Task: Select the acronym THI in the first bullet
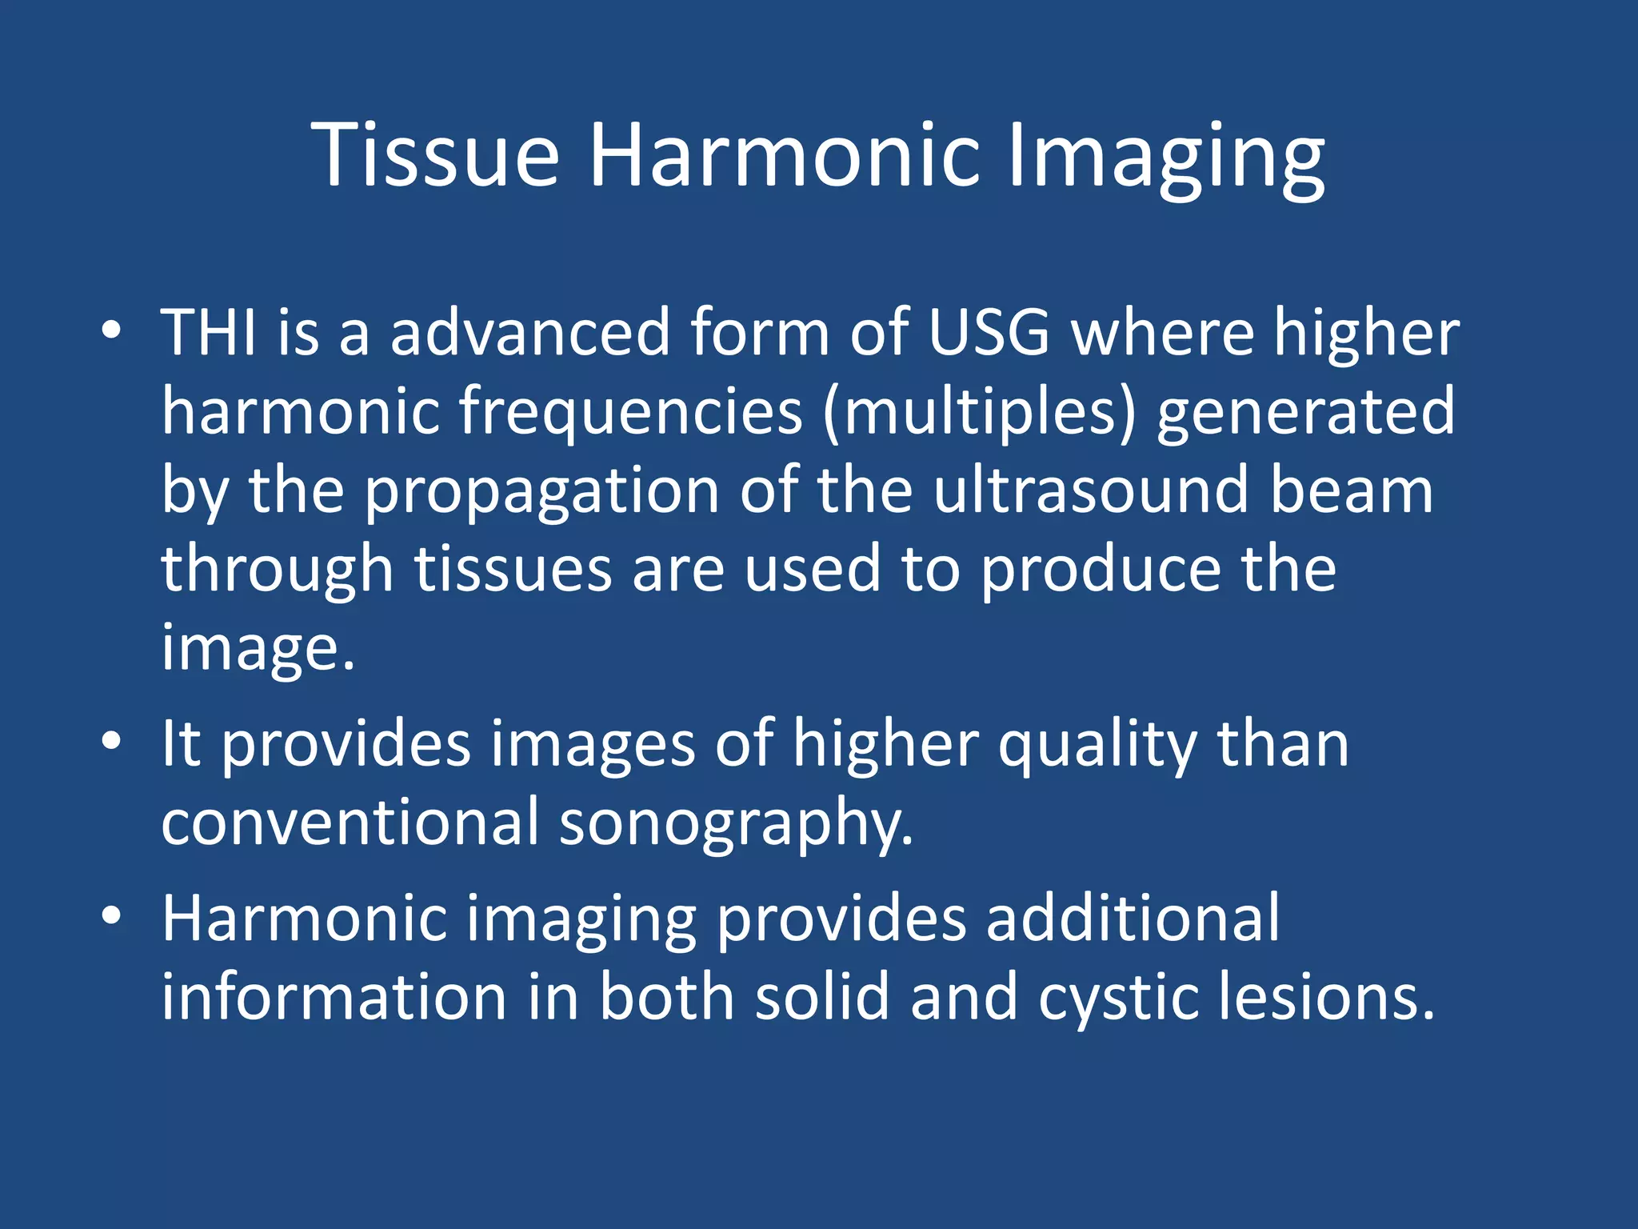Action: pyautogui.click(x=210, y=332)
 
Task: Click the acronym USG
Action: pyautogui.click(x=989, y=332)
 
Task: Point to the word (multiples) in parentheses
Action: pyautogui.click(x=979, y=412)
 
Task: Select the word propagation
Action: pyautogui.click(x=541, y=492)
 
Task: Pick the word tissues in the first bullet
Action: pyautogui.click(x=513, y=569)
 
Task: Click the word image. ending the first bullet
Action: pyautogui.click(x=258, y=648)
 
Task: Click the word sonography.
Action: pyautogui.click(x=736, y=824)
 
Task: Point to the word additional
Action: pyautogui.click(x=1133, y=919)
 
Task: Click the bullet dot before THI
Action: pyautogui.click(x=111, y=330)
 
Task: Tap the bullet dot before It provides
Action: pyautogui.click(x=111, y=742)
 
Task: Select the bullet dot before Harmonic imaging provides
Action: pyautogui.click(x=111, y=916)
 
